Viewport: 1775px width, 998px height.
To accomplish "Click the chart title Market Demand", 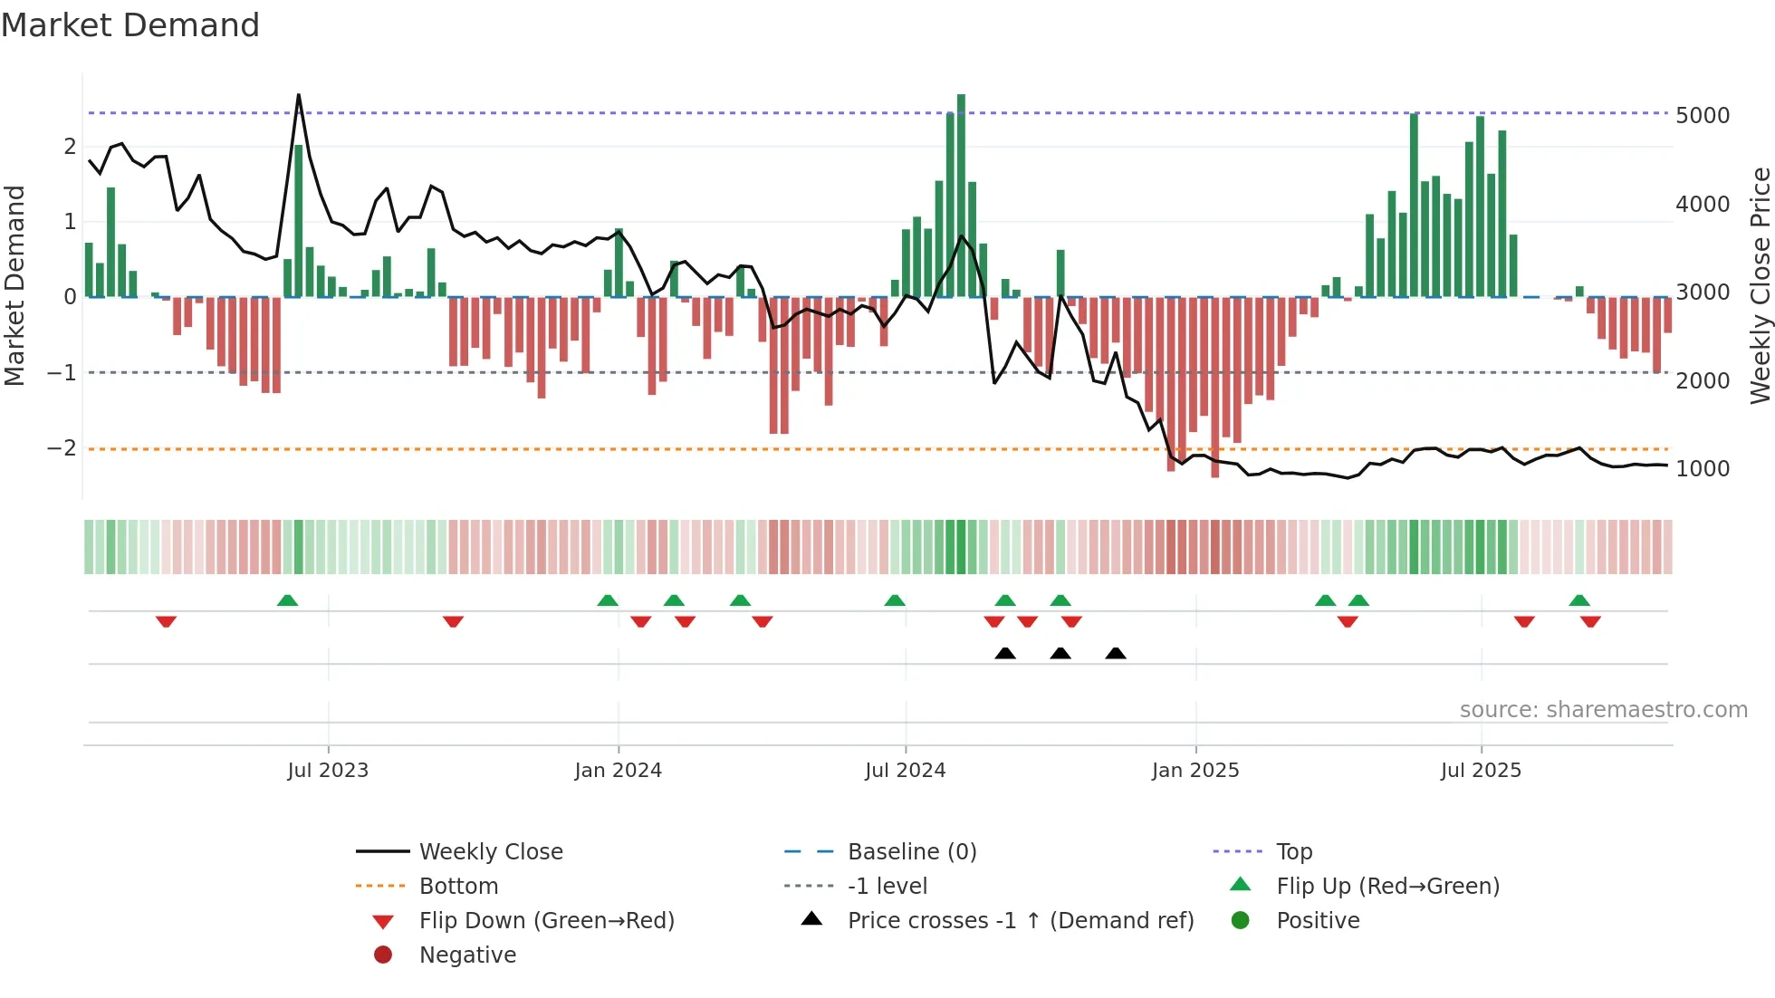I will click(130, 25).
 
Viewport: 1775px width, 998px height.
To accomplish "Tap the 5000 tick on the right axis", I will click(1702, 116).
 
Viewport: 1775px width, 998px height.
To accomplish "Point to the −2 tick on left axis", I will click(62, 448).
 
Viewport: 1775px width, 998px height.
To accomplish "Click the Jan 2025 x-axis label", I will click(1195, 771).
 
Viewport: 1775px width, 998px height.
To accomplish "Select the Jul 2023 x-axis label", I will click(328, 771).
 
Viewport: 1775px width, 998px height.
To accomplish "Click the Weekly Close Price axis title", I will click(1760, 285).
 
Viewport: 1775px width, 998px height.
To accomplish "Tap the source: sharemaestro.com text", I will click(1603, 710).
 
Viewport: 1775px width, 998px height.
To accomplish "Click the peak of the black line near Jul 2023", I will click(299, 95).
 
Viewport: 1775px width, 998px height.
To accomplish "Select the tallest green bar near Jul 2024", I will click(961, 195).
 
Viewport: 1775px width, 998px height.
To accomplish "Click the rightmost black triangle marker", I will click(1116, 653).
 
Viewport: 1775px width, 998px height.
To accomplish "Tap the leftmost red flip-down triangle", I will click(166, 621).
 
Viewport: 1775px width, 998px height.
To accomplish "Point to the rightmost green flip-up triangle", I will click(1579, 600).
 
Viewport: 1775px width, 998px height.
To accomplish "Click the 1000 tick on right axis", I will click(1702, 469).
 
